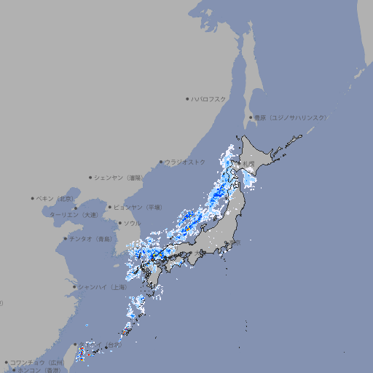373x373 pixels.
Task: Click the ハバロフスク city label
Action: pyautogui.click(x=209, y=98)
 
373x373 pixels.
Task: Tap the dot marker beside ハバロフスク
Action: pyautogui.click(x=187, y=98)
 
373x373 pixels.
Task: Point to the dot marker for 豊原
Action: pyautogui.click(x=251, y=117)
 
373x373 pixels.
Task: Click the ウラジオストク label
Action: pyautogui.click(x=186, y=162)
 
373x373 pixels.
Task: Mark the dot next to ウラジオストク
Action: pyautogui.click(x=161, y=162)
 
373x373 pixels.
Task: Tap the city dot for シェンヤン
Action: pyautogui.click(x=91, y=177)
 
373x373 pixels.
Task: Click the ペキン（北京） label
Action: pyautogui.click(x=56, y=198)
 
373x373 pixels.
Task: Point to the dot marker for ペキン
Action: pyautogui.click(x=33, y=198)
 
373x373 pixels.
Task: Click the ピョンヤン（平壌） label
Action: pyautogui.click(x=138, y=207)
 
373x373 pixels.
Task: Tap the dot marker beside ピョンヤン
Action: pyautogui.click(x=111, y=207)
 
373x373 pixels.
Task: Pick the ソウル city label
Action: pyautogui.click(x=132, y=223)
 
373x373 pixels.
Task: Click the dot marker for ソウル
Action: pyautogui.click(x=119, y=223)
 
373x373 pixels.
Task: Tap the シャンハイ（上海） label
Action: pyautogui.click(x=103, y=287)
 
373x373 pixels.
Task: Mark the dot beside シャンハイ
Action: pyautogui.click(x=74, y=287)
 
